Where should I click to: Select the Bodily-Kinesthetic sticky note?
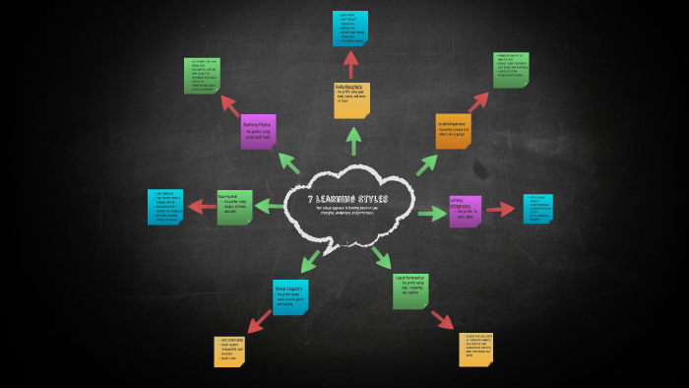coord(351,99)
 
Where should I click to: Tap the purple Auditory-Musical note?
coord(258,131)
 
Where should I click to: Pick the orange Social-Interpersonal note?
coord(453,130)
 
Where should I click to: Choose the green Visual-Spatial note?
coord(234,207)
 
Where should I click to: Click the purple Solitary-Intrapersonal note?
coord(465,210)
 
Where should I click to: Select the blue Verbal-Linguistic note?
coord(290,295)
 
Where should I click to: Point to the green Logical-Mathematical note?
coord(409,291)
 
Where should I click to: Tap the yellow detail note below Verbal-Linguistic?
coord(230,351)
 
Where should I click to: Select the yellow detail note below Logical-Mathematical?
coord(474,349)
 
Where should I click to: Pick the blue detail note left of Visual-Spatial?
coord(164,207)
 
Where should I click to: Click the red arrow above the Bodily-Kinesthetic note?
coord(350,63)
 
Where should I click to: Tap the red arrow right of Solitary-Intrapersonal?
coord(500,209)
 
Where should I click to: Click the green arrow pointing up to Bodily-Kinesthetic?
coord(351,141)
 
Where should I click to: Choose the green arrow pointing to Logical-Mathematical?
coord(381,257)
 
